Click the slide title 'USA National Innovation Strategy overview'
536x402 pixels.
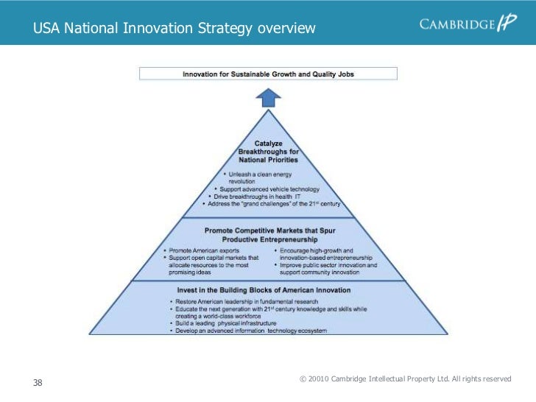point(174,29)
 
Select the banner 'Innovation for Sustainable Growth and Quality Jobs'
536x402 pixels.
point(269,74)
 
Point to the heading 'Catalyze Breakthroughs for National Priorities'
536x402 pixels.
point(268,151)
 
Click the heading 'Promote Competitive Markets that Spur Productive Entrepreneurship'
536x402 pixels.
point(269,235)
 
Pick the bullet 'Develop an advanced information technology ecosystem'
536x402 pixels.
point(250,331)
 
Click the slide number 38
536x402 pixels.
point(38,383)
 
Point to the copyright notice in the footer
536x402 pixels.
point(406,378)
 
